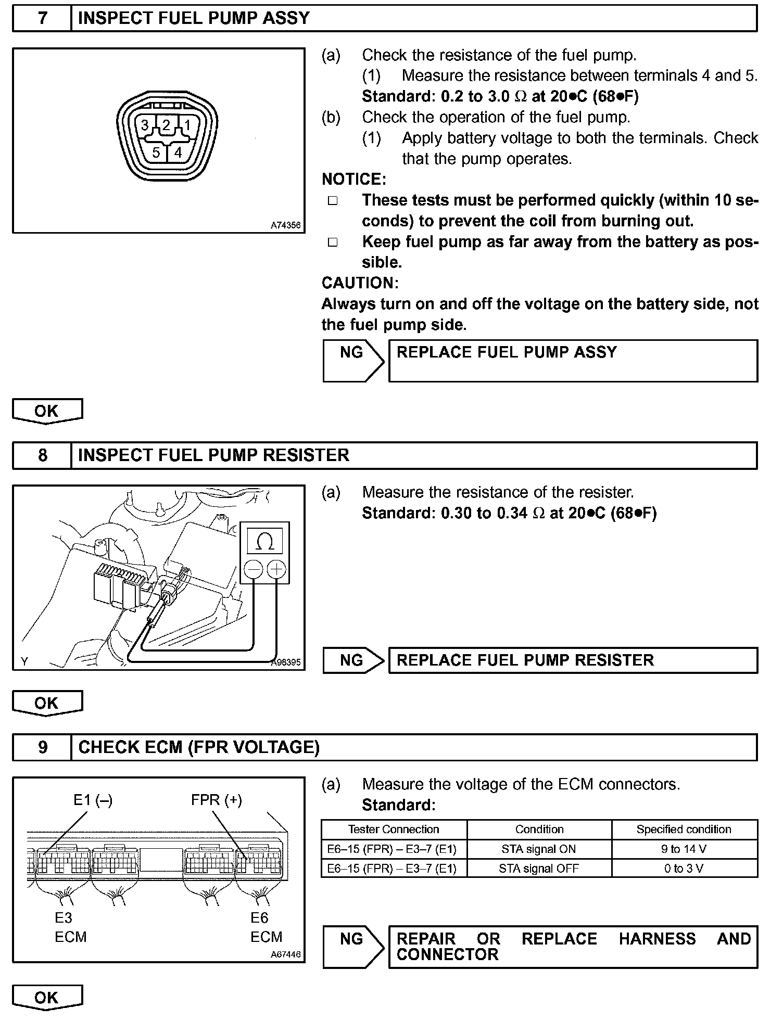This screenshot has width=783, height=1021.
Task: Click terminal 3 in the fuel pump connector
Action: pyautogui.click(x=145, y=125)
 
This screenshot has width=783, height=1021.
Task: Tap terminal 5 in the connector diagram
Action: pyautogui.click(x=156, y=152)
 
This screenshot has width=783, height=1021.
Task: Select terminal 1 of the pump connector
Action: pyautogui.click(x=188, y=125)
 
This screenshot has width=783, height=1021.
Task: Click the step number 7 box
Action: pyautogui.click(x=42, y=18)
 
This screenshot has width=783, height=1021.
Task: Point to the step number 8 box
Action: pyautogui.click(x=42, y=455)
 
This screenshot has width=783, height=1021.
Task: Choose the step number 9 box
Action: pyautogui.click(x=42, y=747)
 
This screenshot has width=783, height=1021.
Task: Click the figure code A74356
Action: pyautogui.click(x=285, y=225)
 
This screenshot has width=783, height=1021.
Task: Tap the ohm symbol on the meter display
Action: pyautogui.click(x=265, y=543)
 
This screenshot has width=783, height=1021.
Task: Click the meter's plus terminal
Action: pyautogui.click(x=276, y=569)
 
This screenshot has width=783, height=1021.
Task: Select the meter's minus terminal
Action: pyautogui.click(x=254, y=569)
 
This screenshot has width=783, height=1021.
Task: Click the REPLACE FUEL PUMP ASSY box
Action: pyautogui.click(x=573, y=361)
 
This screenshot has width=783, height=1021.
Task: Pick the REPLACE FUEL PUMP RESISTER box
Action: pyautogui.click(x=573, y=660)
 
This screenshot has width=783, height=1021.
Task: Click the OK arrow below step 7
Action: pyautogui.click(x=47, y=411)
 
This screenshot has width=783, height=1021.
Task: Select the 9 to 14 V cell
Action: pyautogui.click(x=684, y=849)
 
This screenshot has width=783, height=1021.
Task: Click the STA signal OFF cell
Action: pyautogui.click(x=539, y=869)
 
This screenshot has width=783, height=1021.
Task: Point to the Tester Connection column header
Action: pyautogui.click(x=394, y=829)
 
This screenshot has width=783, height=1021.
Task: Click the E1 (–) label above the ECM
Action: pyautogui.click(x=93, y=799)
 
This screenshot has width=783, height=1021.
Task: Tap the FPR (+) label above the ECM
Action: pyautogui.click(x=217, y=799)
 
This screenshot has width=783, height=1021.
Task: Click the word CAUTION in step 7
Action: pyautogui.click(x=360, y=283)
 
